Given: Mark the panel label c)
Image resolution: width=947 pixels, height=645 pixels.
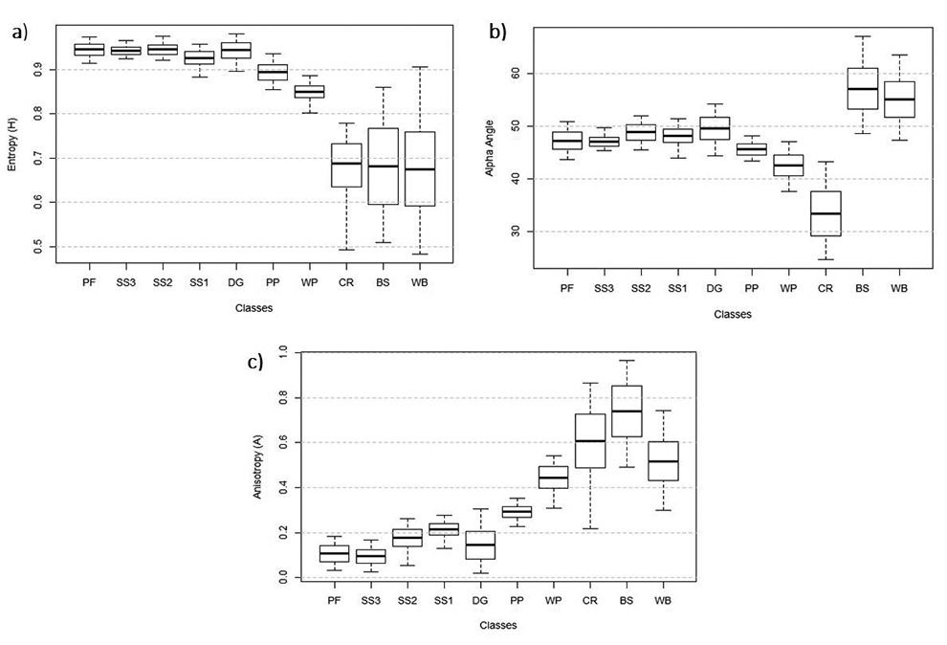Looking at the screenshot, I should coord(253,362).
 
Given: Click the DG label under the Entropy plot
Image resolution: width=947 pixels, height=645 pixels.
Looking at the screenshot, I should coord(235,283).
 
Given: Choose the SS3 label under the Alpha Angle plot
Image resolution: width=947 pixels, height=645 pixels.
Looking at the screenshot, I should coord(605,287).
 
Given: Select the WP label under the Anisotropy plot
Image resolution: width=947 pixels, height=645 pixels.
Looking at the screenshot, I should coord(553,600).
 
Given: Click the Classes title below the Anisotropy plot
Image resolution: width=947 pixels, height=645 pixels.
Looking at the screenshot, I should coord(497,625).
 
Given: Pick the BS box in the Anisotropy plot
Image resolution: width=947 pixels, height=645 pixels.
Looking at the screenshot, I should coord(627,411).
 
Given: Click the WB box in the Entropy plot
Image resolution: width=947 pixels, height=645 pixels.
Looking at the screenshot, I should coord(420,168).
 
